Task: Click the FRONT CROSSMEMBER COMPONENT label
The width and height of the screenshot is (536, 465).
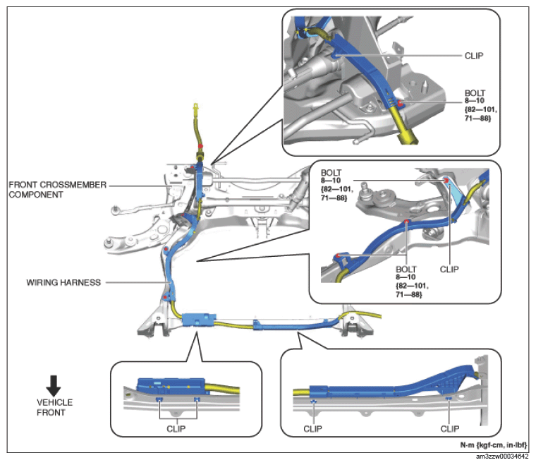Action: pos(57,190)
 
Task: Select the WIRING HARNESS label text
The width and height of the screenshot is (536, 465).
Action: pos(63,283)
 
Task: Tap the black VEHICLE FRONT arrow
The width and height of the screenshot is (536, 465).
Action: pos(54,386)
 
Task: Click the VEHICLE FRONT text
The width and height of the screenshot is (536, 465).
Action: pos(55,407)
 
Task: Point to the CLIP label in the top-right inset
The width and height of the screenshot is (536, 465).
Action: pos(474,56)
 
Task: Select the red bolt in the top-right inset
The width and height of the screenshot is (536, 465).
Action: pos(400,103)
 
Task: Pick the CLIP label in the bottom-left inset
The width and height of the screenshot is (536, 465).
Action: pos(176,429)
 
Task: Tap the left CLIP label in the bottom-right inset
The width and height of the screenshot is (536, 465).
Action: pos(312,429)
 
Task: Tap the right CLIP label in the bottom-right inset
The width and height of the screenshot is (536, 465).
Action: pos(450,429)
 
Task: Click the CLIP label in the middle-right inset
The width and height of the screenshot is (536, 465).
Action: pos(449,270)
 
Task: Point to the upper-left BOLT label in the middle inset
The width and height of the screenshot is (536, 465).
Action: pos(337,185)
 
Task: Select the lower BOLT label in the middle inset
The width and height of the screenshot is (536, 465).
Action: pos(412,282)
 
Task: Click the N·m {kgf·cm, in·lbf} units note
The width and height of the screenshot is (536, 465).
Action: pos(493,445)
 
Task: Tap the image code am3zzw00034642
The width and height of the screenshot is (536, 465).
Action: pos(502,457)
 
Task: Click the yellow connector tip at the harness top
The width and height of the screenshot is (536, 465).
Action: pos(196,107)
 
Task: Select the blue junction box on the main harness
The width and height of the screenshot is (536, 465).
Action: pos(199,320)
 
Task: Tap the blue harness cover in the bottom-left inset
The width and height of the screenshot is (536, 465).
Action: pos(171,386)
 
